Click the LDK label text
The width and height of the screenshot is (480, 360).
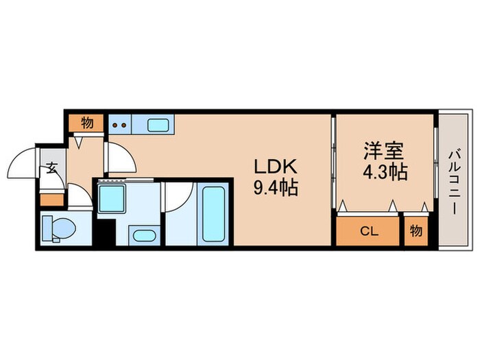tap(276, 167)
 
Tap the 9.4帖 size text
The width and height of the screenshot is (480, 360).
tap(276, 187)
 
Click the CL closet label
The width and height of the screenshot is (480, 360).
tap(368, 230)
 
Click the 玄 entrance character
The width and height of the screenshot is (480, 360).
tap(52, 168)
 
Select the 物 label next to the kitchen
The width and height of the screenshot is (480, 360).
tap(86, 123)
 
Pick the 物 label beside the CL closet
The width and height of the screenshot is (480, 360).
tap(416, 230)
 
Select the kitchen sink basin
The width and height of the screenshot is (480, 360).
tap(158, 125)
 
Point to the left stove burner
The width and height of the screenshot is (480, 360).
tap(115, 125)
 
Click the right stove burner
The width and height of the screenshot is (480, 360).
tap(123, 125)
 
